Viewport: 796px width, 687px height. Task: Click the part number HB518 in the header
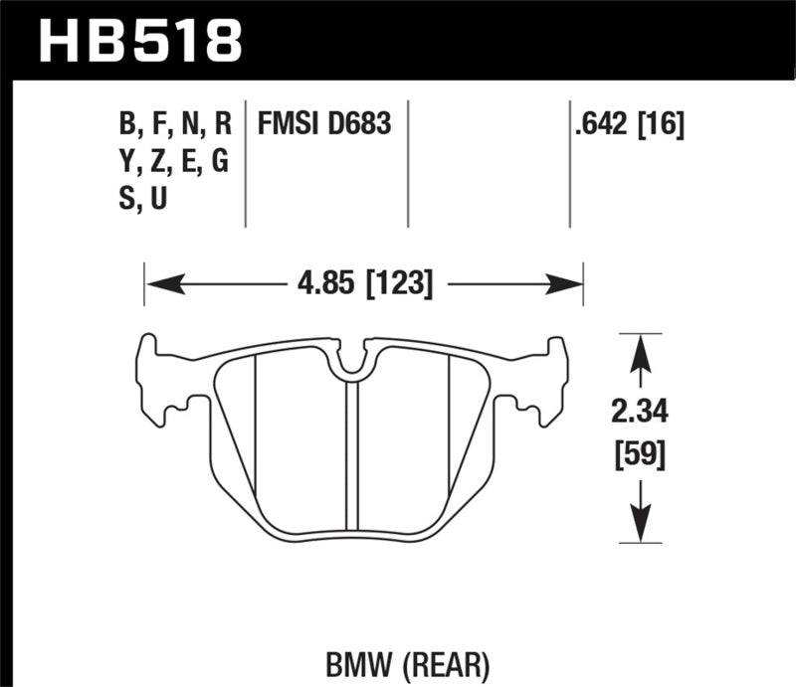pyautogui.click(x=139, y=41)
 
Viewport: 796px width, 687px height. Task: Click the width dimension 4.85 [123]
pyautogui.click(x=362, y=285)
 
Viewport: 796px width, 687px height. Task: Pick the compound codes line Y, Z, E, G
pyautogui.click(x=174, y=162)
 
